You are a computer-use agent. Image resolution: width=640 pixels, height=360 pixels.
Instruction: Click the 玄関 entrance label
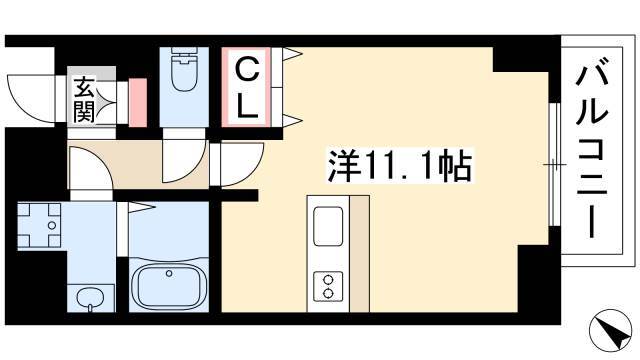[84, 100]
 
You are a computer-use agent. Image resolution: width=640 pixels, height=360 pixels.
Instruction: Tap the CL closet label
[247, 87]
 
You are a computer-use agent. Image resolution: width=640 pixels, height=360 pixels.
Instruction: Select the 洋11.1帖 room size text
[400, 166]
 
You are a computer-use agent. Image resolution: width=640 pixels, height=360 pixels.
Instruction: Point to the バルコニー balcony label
[592, 149]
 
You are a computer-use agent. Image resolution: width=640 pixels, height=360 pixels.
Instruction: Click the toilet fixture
[184, 69]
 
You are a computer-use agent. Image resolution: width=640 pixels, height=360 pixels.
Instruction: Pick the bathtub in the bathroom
[169, 285]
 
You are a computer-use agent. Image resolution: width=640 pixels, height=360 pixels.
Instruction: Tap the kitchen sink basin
[328, 226]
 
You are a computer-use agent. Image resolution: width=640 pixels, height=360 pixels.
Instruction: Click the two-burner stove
[328, 287]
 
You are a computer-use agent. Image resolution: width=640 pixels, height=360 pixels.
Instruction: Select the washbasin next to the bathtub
[90, 298]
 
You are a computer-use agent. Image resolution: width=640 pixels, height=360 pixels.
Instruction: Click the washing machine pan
[39, 225]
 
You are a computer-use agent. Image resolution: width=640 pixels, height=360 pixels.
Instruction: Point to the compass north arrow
[610, 330]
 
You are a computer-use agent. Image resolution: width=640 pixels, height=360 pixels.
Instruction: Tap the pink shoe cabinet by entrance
[138, 102]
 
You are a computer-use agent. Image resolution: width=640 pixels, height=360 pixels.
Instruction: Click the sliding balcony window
[554, 164]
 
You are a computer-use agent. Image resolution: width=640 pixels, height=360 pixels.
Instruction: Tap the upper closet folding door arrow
[292, 53]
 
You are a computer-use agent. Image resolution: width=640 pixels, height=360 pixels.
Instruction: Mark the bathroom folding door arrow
[142, 207]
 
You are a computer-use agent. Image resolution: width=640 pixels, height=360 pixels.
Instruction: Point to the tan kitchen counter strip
[360, 254]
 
